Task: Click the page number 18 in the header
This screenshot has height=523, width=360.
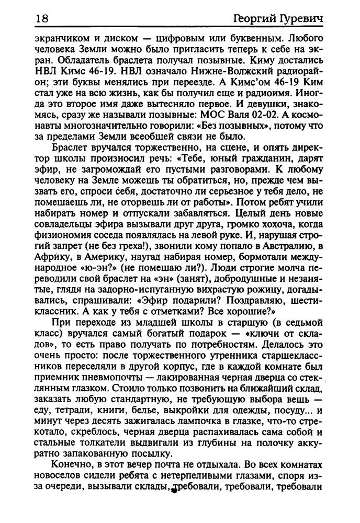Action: click(41, 19)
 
